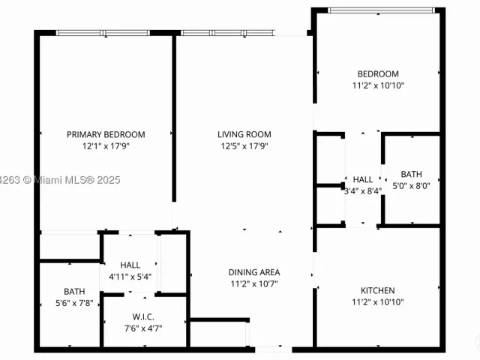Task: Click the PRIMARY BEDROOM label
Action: point(106,135)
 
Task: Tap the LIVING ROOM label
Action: point(244,134)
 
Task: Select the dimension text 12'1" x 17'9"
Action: point(106,146)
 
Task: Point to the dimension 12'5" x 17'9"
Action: point(244,146)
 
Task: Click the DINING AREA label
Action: point(254,272)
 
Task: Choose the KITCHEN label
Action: point(378,290)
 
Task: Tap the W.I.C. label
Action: point(143,316)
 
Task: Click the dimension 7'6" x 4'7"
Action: point(143,328)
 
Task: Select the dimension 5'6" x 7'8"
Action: point(74,303)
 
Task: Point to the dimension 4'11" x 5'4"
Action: point(130,277)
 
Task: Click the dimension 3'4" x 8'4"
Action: point(363,191)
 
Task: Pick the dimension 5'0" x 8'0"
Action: point(412,186)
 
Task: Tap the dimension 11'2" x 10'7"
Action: point(254,283)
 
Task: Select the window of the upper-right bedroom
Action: point(382,10)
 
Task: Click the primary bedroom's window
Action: point(103,33)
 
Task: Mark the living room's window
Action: point(227,33)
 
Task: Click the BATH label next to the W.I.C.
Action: point(74,292)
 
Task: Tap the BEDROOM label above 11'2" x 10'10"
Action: point(378,73)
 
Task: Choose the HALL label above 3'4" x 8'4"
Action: point(363,179)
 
